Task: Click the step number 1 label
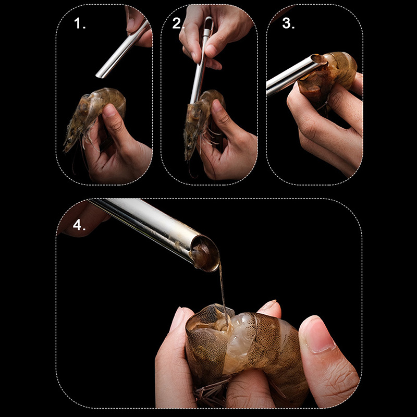click(80, 23)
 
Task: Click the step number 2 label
click(178, 23)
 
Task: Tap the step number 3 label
click(288, 23)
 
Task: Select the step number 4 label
click(79, 225)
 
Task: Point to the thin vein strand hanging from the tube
click(223, 292)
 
